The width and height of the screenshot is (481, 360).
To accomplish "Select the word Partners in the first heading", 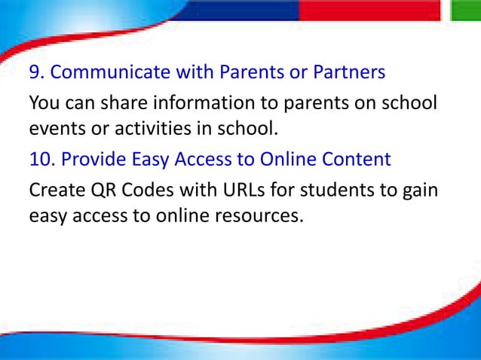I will click(x=351, y=72).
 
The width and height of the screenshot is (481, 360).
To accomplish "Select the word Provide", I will click(x=94, y=160).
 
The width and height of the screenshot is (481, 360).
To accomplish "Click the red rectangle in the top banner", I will click(x=369, y=10).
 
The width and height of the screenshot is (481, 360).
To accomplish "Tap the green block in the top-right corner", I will click(x=466, y=10).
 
